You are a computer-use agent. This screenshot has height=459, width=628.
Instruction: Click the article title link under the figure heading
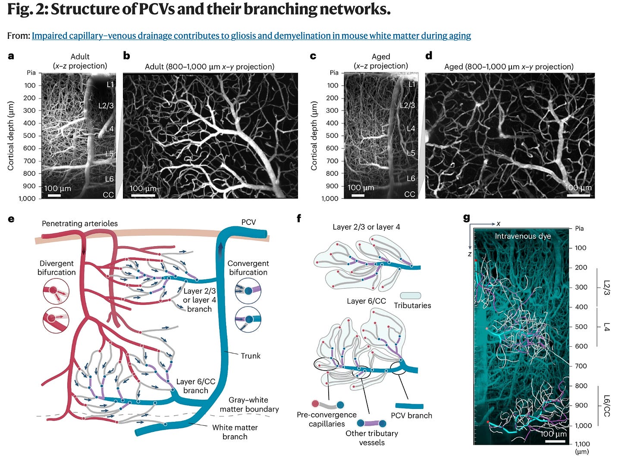pos(251,36)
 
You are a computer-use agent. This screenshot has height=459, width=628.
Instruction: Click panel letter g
pos(466,218)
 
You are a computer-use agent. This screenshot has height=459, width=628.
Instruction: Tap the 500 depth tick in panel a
pos(30,136)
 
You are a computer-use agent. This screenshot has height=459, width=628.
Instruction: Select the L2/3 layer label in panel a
pos(106,105)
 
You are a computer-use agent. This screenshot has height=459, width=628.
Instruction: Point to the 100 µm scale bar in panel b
pos(143,196)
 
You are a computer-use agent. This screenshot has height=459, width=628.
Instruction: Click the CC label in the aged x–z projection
pos(409,194)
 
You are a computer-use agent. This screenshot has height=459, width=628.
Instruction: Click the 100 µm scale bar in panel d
pos(578,195)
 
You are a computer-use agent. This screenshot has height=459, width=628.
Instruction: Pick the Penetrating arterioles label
pos(80,223)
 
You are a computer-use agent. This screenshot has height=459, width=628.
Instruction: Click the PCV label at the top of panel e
pos(248,222)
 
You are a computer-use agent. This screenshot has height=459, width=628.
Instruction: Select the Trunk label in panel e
pos(251,356)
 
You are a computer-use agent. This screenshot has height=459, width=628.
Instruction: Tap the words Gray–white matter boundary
pos(249,405)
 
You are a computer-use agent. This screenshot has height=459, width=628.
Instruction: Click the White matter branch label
pos(235,432)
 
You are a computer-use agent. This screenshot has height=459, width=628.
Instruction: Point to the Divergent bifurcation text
pos(57,268)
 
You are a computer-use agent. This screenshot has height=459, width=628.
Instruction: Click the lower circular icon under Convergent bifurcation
pos(248,320)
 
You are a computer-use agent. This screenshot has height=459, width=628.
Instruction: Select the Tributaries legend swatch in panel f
pos(410,296)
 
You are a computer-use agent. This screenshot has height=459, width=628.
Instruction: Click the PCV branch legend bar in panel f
pos(409,406)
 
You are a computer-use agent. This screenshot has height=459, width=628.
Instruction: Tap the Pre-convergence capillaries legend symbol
pos(327,405)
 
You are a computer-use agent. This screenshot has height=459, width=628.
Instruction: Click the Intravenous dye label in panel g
pos(523,236)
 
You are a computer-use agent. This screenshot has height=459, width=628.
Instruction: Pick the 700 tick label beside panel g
pos(581,366)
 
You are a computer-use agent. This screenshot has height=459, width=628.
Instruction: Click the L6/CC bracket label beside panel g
pos(607,405)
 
